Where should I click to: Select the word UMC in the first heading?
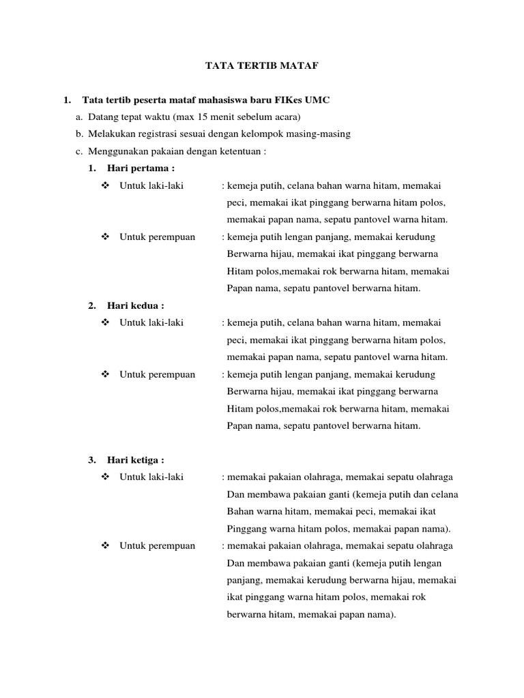point(318,100)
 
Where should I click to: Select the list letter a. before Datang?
point(79,117)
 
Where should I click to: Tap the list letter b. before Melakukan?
point(79,134)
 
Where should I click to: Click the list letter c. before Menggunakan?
point(79,151)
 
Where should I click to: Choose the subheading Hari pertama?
point(136,168)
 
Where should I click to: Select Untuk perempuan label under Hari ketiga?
point(157,545)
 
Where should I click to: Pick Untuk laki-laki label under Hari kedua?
point(151,322)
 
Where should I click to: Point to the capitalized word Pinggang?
point(244,529)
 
